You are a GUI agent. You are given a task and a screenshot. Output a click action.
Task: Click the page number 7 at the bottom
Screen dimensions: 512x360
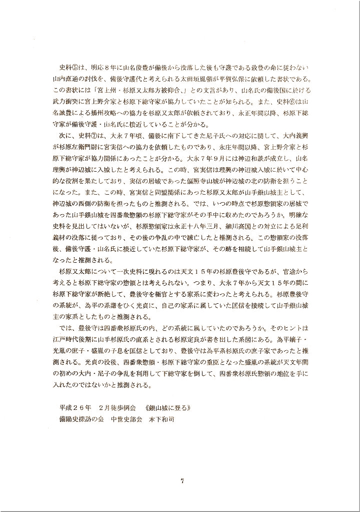click(x=182, y=481)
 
